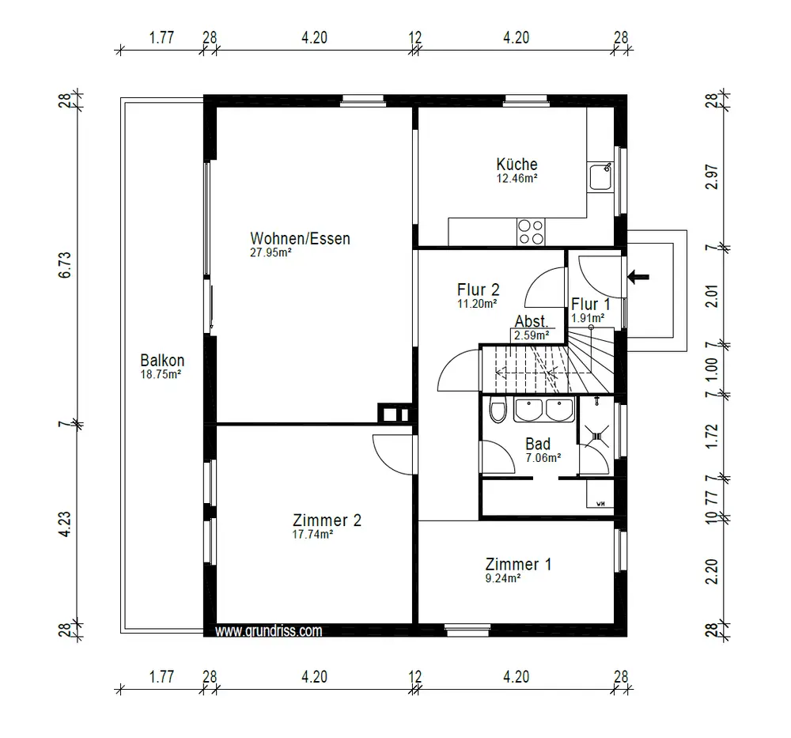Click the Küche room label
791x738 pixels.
[517, 164]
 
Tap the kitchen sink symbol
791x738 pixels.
[600, 176]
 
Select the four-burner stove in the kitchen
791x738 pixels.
[531, 232]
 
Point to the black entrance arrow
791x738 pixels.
[638, 276]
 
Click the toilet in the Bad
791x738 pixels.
[498, 411]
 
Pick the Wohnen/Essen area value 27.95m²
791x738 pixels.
[271, 253]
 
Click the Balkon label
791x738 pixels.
[162, 360]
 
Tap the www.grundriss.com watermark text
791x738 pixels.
[268, 630]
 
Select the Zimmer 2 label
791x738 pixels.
[327, 520]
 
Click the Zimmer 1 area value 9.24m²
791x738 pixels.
[502, 578]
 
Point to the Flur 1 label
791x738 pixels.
[591, 305]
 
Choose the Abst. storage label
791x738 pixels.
[532, 321]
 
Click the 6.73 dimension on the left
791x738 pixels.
[66, 265]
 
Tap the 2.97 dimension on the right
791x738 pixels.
[711, 176]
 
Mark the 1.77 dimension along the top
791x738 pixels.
[161, 37]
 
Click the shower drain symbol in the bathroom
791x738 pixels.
[597, 436]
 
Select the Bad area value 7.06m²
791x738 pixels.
[543, 458]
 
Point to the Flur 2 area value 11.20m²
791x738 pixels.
[477, 304]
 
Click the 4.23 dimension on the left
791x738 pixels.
[66, 524]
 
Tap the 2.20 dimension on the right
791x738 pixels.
[711, 571]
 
